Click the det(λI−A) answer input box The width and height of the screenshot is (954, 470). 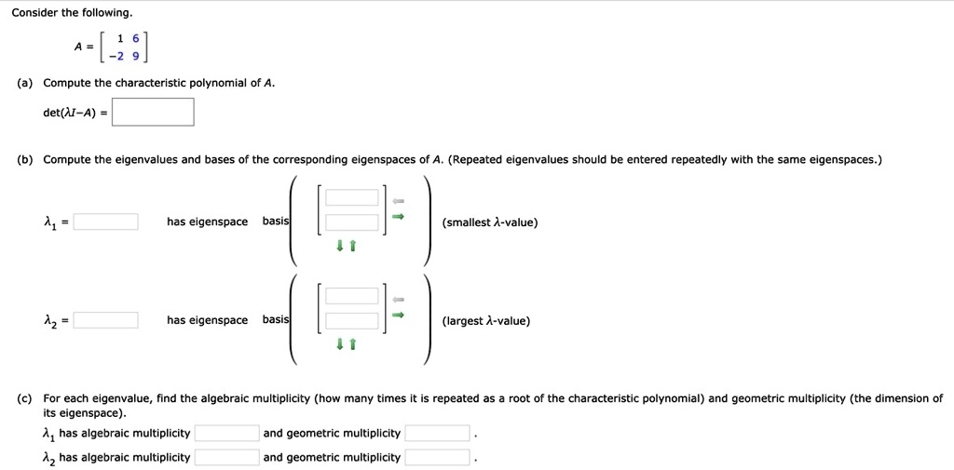(155, 113)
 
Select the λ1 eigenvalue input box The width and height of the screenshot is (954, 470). (106, 222)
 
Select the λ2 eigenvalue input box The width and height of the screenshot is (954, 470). (106, 320)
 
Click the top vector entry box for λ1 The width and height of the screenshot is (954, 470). (352, 197)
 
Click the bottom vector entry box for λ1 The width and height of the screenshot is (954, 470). (352, 222)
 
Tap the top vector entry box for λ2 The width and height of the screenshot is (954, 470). (352, 296)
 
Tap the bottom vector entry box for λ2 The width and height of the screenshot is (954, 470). (352, 321)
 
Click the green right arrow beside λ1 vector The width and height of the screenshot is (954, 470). (397, 217)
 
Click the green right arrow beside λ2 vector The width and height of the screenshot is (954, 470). (397, 316)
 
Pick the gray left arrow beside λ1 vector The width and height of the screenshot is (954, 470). (397, 200)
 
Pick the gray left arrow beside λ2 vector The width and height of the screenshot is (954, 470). (397, 299)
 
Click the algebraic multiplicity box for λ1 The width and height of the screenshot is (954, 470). (226, 433)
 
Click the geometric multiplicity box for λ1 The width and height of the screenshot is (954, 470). (437, 433)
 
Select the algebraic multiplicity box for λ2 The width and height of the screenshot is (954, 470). (226, 457)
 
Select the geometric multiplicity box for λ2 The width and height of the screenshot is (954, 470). (437, 457)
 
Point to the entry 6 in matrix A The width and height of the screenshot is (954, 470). (135, 39)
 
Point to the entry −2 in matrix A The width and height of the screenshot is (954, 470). (116, 55)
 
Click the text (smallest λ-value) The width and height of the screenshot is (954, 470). (490, 222)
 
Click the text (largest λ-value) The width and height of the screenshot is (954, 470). (486, 321)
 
